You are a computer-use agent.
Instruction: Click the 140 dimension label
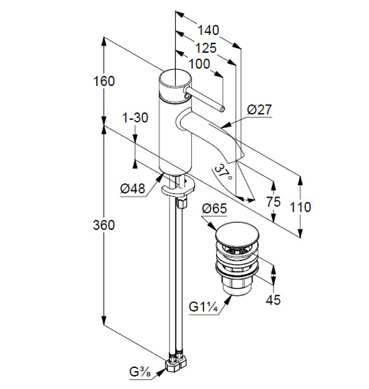pyautogui.click(x=208, y=30)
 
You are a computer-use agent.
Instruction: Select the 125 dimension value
pyautogui.click(x=206, y=48)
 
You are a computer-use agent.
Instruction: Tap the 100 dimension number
pyautogui.click(x=200, y=64)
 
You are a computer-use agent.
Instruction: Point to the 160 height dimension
pyautogui.click(x=104, y=81)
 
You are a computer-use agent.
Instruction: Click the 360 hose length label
pyautogui.click(x=104, y=225)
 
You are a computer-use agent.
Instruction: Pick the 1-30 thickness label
pyautogui.click(x=135, y=117)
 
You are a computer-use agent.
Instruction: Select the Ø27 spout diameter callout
pyautogui.click(x=260, y=109)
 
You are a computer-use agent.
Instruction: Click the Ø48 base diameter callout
pyautogui.click(x=132, y=189)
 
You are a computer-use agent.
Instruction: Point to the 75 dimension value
pyautogui.click(x=273, y=202)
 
